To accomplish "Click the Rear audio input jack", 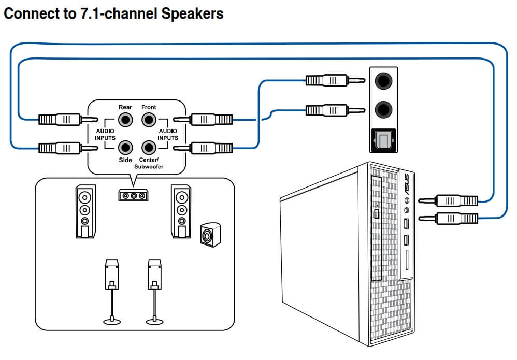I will [x=125, y=120].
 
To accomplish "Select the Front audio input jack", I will [x=149, y=120].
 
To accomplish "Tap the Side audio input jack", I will [x=125, y=148].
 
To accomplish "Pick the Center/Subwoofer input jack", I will [x=149, y=148].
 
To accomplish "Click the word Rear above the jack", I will [x=125, y=107].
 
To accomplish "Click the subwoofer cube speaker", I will [x=209, y=235].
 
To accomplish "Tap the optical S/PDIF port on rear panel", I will [x=383, y=139].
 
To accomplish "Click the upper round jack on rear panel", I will [x=383, y=81].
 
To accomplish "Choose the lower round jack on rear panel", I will [x=383, y=109].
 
